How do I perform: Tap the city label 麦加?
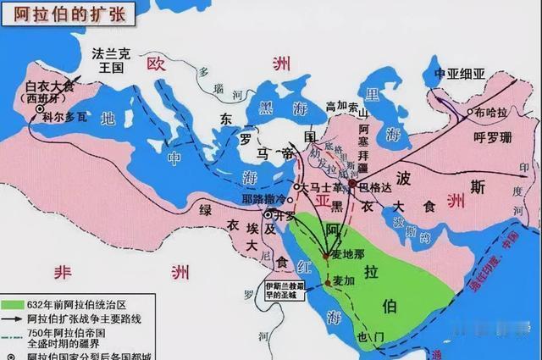coord(341,280)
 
